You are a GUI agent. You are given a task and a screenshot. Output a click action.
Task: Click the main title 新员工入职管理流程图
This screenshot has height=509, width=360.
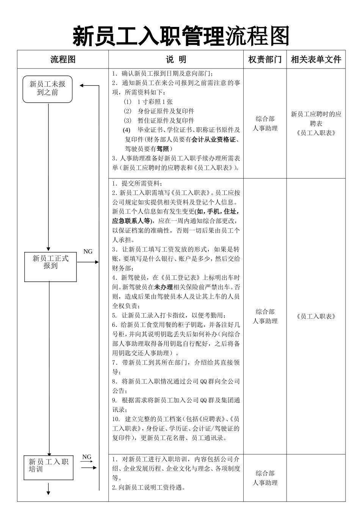click(181, 36)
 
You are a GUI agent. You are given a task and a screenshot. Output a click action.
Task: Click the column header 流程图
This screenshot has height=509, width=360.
click(63, 59)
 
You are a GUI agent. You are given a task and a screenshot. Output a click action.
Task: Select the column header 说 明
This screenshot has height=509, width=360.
click(176, 59)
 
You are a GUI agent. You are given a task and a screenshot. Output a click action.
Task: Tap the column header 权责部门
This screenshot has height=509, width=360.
click(265, 59)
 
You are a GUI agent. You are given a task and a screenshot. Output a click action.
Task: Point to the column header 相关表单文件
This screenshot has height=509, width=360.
click(316, 59)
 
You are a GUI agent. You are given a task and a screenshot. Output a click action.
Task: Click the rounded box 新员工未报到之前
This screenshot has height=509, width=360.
click(47, 89)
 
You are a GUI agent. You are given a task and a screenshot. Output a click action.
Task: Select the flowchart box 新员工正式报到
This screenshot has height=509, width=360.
click(50, 266)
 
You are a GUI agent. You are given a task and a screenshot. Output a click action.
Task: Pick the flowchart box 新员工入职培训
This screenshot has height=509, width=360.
click(48, 468)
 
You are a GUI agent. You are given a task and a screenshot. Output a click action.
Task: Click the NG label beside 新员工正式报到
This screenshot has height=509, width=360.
click(88, 251)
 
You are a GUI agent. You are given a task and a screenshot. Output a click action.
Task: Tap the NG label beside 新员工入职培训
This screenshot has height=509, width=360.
click(87, 457)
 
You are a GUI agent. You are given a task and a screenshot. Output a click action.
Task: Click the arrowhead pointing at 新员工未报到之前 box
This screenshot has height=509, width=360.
click(82, 86)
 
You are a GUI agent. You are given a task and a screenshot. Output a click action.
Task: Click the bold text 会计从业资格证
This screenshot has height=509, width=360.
click(213, 139)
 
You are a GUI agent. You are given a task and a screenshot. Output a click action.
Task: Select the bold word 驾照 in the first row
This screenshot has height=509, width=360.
click(163, 149)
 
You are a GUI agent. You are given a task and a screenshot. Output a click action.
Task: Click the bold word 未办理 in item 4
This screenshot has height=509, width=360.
click(163, 287)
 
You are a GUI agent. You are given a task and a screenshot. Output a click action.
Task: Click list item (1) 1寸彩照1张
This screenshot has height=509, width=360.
click(148, 101)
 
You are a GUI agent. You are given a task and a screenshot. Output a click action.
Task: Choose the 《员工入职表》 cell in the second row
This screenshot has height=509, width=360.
click(316, 317)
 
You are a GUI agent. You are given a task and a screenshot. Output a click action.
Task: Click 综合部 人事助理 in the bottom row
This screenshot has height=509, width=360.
click(265, 478)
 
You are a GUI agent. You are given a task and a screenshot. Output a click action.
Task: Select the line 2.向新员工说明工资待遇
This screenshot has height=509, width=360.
click(149, 487)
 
